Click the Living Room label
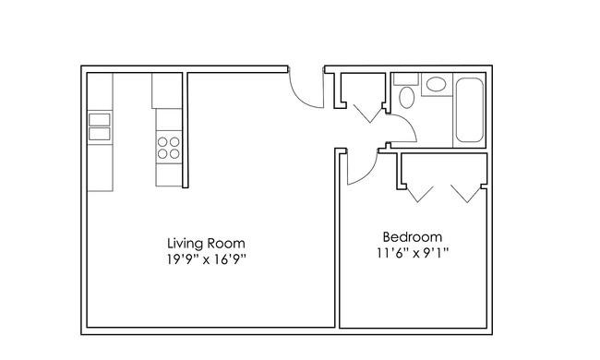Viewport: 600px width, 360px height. coord(206,244)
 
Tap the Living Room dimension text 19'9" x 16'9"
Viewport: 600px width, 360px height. coord(206,259)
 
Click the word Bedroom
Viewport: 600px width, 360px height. coord(413,237)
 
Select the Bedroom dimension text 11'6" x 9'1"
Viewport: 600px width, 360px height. coord(413,253)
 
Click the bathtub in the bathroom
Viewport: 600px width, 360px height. coord(470,110)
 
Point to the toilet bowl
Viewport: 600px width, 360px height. coord(407,97)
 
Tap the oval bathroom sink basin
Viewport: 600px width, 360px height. coord(437,84)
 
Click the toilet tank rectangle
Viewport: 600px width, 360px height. coord(406,79)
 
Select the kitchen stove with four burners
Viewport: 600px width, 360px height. coord(169,148)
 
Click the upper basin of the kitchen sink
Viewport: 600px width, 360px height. coord(100,119)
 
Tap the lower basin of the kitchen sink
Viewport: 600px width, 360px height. coord(100,134)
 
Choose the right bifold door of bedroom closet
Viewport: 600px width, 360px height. coord(465,195)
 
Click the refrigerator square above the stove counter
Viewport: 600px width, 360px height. coord(167,90)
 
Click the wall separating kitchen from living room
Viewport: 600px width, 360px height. coord(186,130)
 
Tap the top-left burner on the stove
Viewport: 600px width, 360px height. coord(162,142)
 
